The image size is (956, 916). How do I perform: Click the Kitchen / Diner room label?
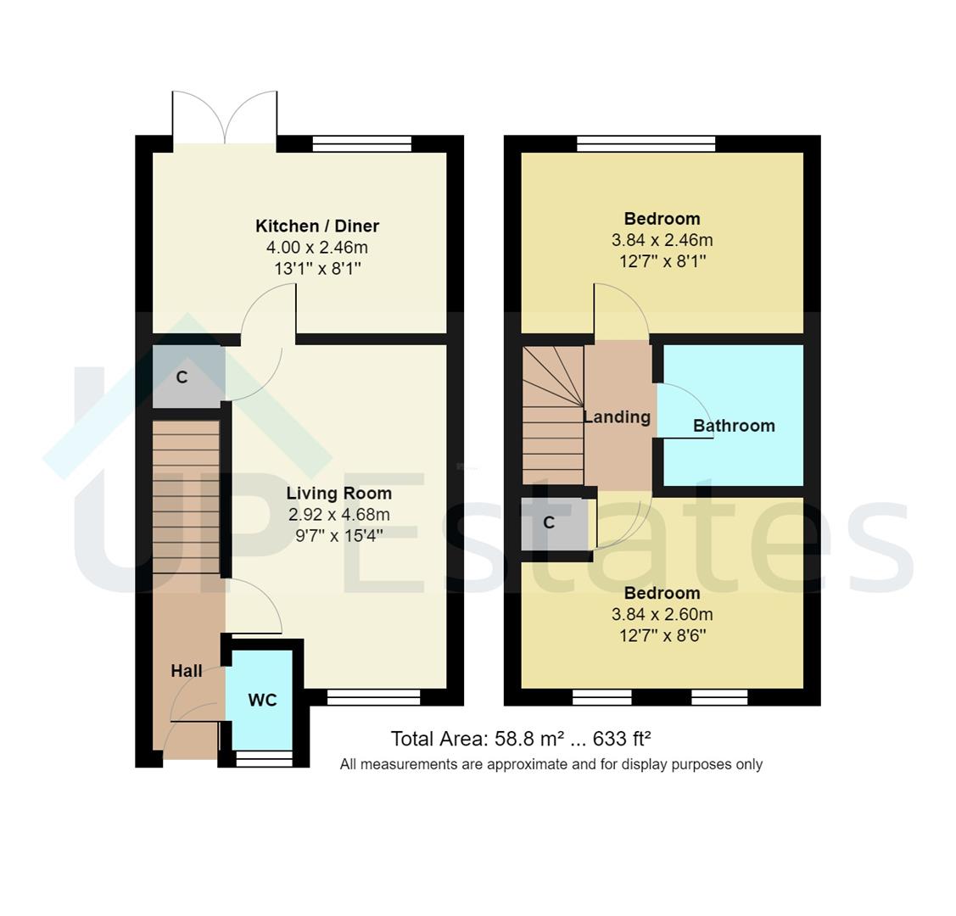coord(317,226)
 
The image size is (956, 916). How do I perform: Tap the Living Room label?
coord(338,493)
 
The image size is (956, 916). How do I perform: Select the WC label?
coord(262,700)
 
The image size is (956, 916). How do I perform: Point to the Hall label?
coord(187,671)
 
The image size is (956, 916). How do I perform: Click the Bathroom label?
coord(734,426)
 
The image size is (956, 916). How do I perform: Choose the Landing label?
coord(617,416)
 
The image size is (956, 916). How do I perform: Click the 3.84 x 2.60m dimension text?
coord(662,614)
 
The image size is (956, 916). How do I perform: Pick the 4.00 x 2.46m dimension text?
coord(317,248)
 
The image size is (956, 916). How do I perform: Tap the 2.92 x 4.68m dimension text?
coord(338,515)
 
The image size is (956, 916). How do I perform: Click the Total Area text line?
coord(520,738)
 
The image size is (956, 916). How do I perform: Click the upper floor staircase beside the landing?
coord(552,416)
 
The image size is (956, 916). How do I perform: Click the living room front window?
coord(373,697)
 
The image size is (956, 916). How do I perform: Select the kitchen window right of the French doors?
coord(361,143)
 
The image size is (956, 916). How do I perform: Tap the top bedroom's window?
coord(646,143)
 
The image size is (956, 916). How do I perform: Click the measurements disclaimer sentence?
coord(551,764)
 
